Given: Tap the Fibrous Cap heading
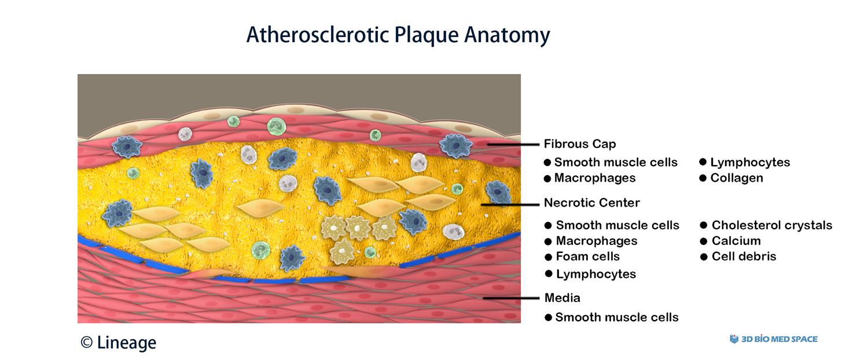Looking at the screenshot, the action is [x=580, y=144].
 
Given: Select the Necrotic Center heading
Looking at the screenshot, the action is [x=592, y=203].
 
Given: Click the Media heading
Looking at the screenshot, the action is [x=562, y=298].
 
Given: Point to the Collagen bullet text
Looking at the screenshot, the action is [x=737, y=178].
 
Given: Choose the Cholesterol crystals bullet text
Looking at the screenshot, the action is [x=772, y=225].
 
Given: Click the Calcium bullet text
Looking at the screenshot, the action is [x=736, y=241].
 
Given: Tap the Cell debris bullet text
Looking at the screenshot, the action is [x=744, y=256].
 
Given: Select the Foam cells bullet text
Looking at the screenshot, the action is [x=588, y=256].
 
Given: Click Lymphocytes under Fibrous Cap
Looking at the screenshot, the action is [x=750, y=163].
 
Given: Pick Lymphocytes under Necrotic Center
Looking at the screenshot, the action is [x=596, y=274].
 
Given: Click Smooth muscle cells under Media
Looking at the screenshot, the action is [x=617, y=317].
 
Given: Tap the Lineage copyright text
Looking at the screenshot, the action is [x=119, y=343].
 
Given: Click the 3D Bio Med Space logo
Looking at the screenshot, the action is [x=774, y=339].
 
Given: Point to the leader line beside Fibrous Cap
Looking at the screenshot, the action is [x=513, y=145].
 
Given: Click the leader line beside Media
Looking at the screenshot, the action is [x=511, y=299].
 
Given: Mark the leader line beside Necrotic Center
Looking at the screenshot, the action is [x=510, y=204].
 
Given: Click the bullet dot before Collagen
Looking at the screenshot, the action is [x=703, y=178].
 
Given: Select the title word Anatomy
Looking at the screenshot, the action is [x=507, y=35].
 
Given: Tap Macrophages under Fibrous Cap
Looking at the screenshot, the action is [x=595, y=178].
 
